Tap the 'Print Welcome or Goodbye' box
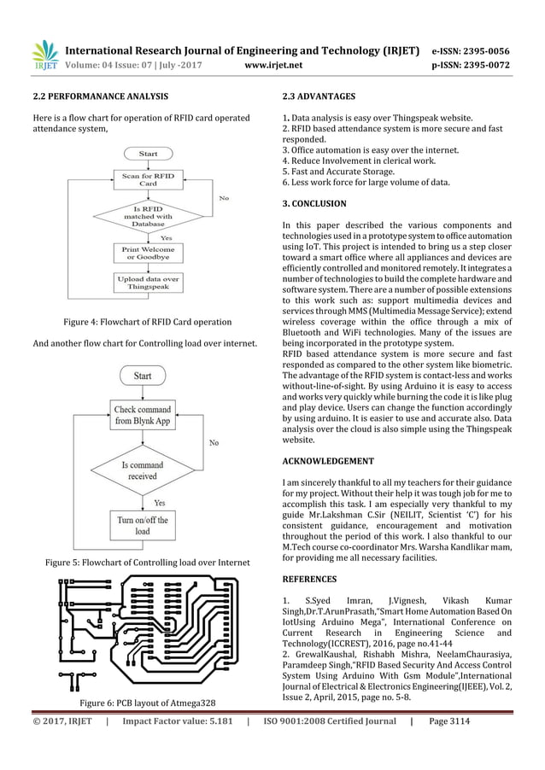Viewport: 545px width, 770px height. [148, 254]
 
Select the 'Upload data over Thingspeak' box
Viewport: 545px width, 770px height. [148, 283]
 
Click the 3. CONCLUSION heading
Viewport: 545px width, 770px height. [314, 204]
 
